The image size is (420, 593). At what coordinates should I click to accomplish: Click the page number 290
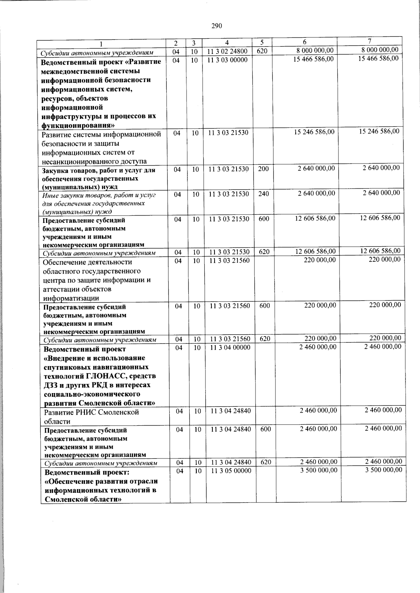[217, 26]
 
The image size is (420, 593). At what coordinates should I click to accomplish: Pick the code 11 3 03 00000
[227, 60]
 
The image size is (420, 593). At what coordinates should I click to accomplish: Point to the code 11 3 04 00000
[230, 347]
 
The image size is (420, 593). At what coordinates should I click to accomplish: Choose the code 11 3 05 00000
[231, 471]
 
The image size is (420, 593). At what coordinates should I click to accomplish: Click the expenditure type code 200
[263, 169]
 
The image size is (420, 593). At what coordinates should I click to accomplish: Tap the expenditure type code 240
[264, 194]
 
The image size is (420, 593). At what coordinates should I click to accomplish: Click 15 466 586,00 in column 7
[378, 58]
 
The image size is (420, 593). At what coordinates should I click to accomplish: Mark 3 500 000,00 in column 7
[383, 470]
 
